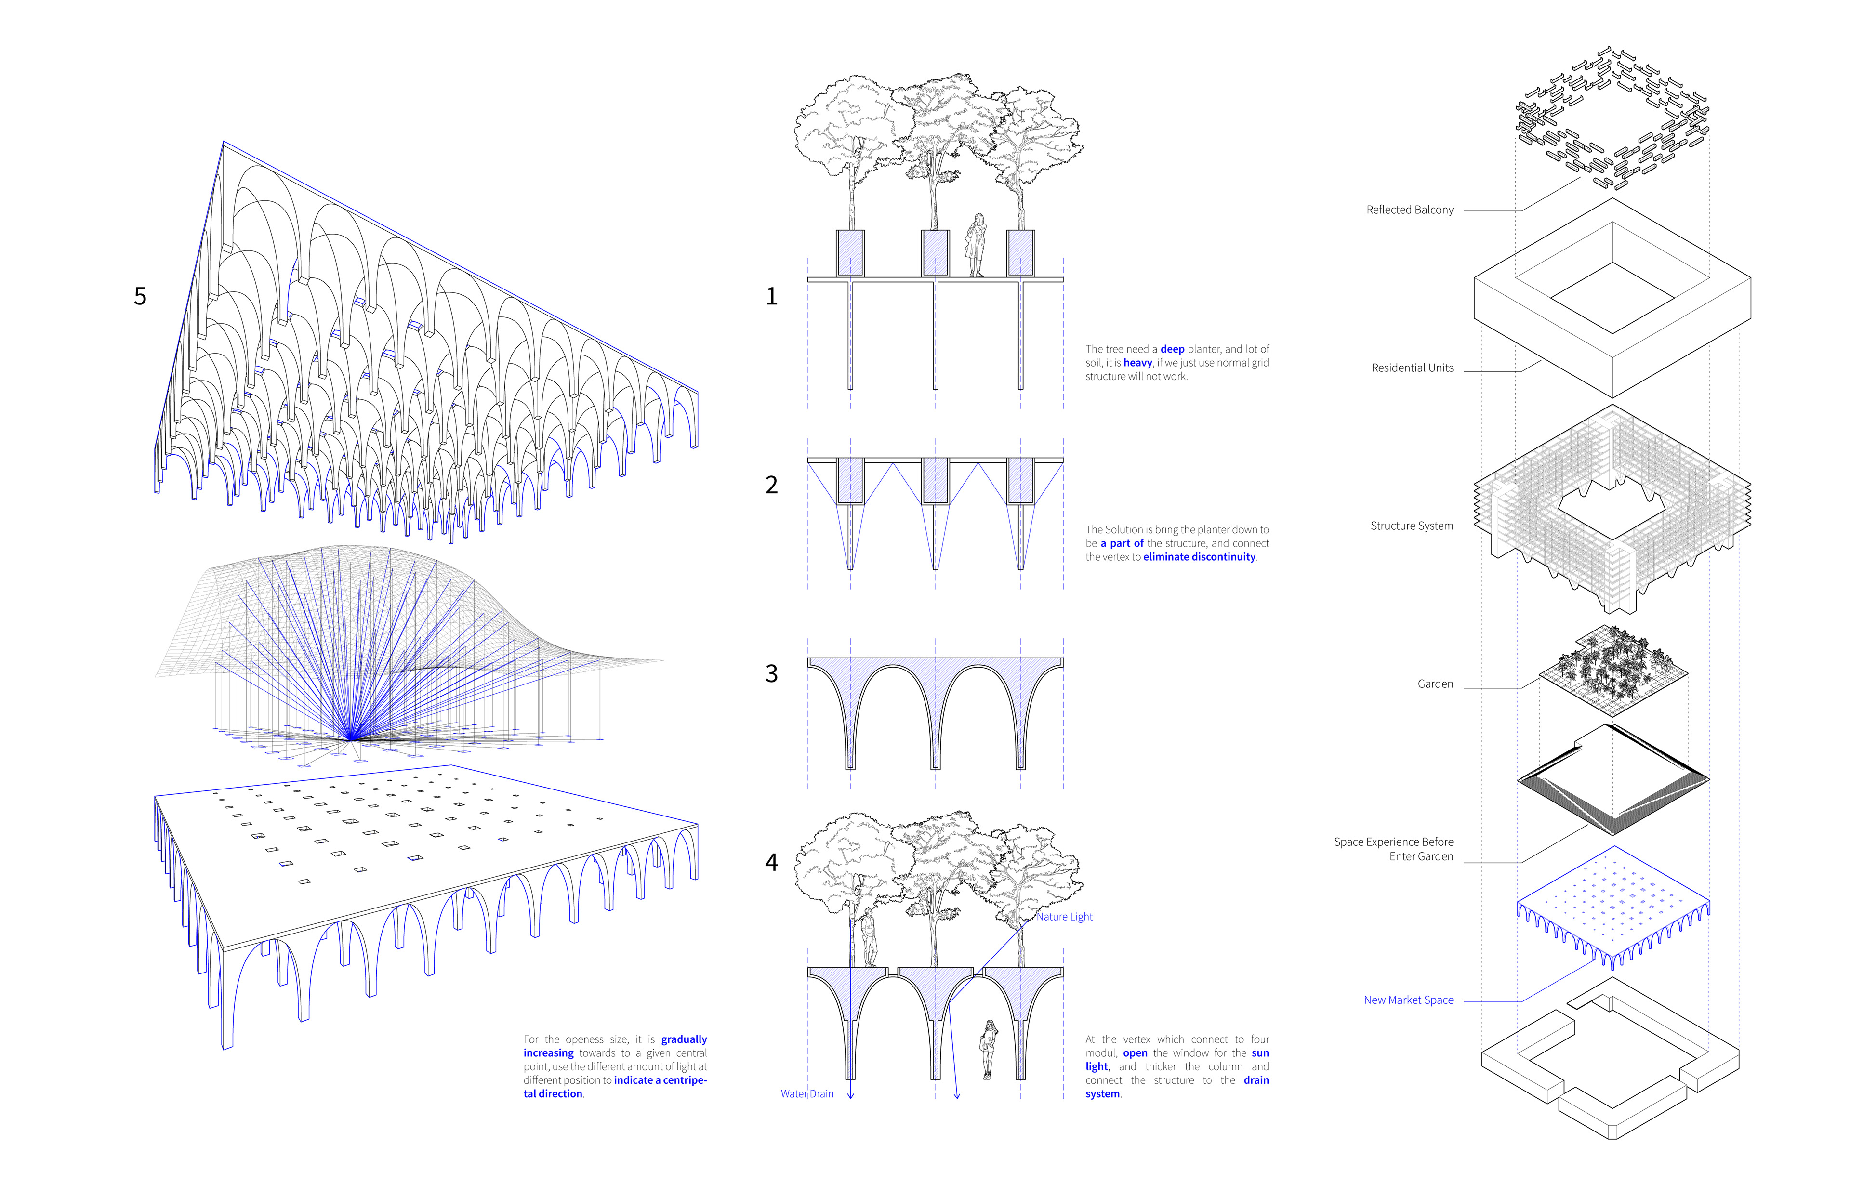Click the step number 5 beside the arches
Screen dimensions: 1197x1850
pyautogui.click(x=140, y=296)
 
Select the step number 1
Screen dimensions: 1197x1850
pyautogui.click(x=771, y=296)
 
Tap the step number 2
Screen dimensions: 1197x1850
pyautogui.click(x=771, y=485)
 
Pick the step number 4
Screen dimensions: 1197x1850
pyautogui.click(x=771, y=862)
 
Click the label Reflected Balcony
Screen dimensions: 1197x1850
pyautogui.click(x=1409, y=210)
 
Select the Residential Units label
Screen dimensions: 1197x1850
pyautogui.click(x=1412, y=368)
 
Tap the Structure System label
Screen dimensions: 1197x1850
pyautogui.click(x=1411, y=526)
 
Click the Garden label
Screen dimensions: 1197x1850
pyautogui.click(x=1435, y=684)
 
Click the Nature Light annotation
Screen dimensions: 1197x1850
pyautogui.click(x=1064, y=917)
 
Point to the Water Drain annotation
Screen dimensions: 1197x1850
pyautogui.click(x=807, y=1093)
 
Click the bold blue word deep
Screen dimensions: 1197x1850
pyautogui.click(x=1172, y=349)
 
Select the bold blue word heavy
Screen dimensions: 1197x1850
pyautogui.click(x=1137, y=363)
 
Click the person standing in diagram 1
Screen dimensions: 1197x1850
pyautogui.click(x=976, y=245)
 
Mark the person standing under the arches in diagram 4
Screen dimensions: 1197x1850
pyautogui.click(x=989, y=1049)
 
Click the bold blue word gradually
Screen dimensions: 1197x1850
pyautogui.click(x=684, y=1039)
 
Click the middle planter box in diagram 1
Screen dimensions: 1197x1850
pyautogui.click(x=935, y=252)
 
